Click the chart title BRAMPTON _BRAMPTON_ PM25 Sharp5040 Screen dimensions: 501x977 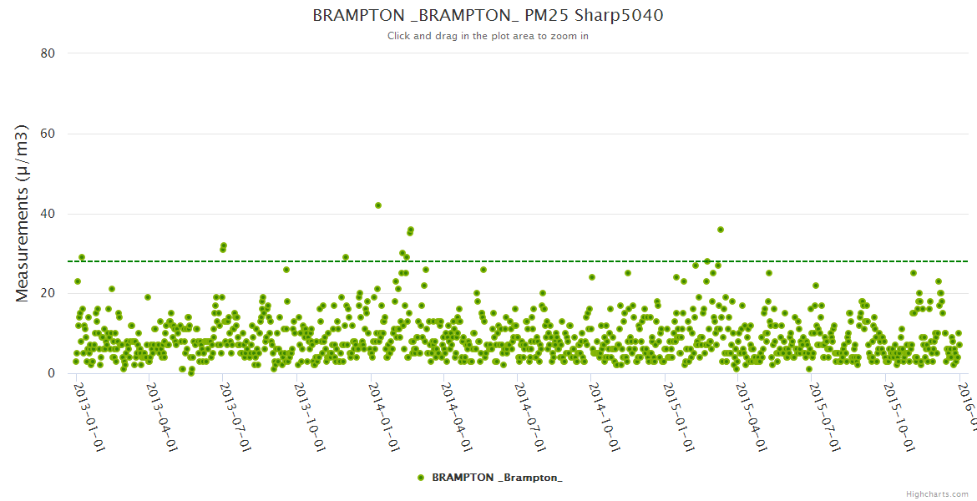point(488,15)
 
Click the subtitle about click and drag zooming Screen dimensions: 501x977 point(488,36)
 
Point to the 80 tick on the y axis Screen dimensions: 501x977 point(48,53)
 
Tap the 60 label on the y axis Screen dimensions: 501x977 point(48,134)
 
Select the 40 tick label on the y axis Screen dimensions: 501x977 point(48,214)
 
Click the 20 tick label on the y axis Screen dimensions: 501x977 point(48,293)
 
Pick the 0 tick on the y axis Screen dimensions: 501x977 point(51,373)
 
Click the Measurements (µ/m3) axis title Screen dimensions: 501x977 point(23,213)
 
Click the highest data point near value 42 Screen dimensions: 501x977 point(378,205)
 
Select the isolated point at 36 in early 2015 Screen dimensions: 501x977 point(721,230)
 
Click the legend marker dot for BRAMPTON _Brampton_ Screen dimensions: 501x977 point(421,477)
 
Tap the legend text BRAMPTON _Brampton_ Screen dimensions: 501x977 point(497,477)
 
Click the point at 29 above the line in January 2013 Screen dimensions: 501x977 point(82,257)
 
